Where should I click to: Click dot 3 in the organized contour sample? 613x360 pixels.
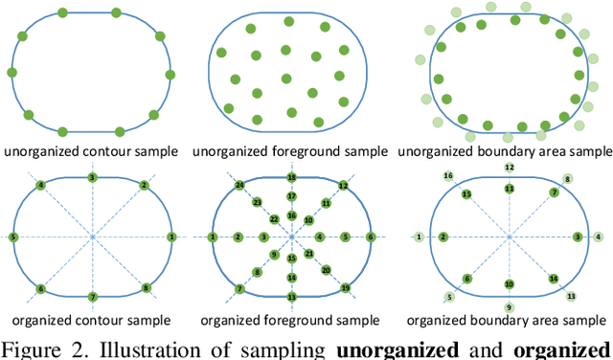click(x=92, y=178)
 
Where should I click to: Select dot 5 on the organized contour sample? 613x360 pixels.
click(x=12, y=236)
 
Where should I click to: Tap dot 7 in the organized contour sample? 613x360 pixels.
click(x=92, y=297)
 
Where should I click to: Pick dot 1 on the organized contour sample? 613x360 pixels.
click(x=171, y=236)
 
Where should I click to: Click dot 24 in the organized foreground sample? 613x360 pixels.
click(x=239, y=185)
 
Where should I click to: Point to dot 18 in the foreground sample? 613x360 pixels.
click(x=292, y=178)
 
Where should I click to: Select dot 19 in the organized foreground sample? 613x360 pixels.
click(x=346, y=287)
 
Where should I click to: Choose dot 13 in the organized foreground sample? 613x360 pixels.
click(x=292, y=297)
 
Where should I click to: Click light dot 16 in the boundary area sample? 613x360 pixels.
click(x=447, y=176)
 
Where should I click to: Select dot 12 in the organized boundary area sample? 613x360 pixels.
click(x=510, y=168)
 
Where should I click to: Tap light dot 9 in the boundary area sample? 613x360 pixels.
click(x=510, y=307)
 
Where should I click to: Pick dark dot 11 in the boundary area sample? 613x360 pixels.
click(x=510, y=189)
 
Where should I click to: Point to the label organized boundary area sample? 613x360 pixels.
click(x=509, y=320)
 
